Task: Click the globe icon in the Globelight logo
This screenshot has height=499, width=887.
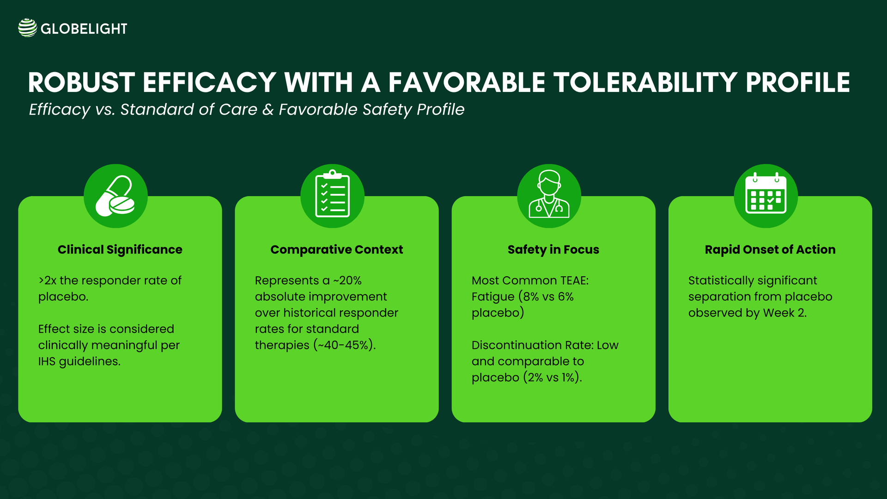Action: pyautogui.click(x=27, y=28)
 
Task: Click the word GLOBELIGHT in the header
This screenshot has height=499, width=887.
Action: pyautogui.click(x=84, y=29)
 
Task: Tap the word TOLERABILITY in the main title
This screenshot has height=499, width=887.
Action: pyautogui.click(x=645, y=83)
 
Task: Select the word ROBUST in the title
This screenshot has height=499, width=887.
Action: pyautogui.click(x=81, y=83)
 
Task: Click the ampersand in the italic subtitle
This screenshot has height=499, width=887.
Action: pyautogui.click(x=267, y=110)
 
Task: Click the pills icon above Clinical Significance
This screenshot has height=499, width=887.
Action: pyautogui.click(x=115, y=196)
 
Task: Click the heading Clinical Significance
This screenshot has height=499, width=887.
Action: pyautogui.click(x=120, y=249)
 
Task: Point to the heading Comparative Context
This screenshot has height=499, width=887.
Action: pyautogui.click(x=336, y=249)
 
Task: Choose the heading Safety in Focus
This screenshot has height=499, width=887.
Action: pyautogui.click(x=553, y=249)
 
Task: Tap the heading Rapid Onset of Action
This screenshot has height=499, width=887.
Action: pyautogui.click(x=770, y=249)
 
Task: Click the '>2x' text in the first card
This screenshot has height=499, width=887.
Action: pyautogui.click(x=48, y=280)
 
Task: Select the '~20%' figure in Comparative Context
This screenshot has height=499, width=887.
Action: pyautogui.click(x=347, y=280)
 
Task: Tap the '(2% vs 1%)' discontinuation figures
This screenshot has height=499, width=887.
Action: pyautogui.click(x=552, y=377)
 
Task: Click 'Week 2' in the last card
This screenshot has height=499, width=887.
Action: pyautogui.click(x=784, y=313)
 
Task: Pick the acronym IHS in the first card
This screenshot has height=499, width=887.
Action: pyautogui.click(x=47, y=361)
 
